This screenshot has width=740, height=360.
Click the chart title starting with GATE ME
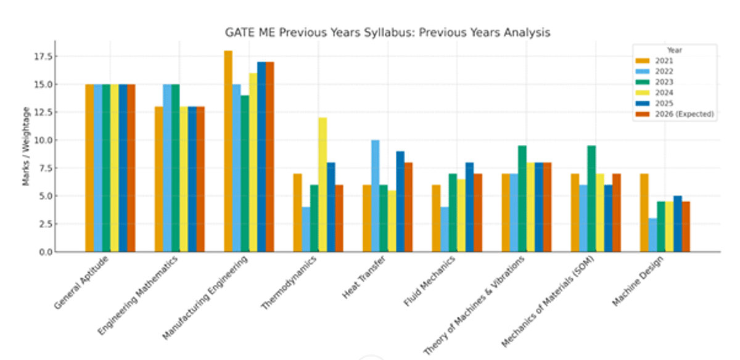(387, 33)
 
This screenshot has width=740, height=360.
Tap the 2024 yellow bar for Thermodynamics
(323, 185)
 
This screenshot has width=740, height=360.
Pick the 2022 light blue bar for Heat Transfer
(375, 196)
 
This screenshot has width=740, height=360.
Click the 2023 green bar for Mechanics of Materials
(591, 198)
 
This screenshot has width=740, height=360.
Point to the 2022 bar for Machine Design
(652, 235)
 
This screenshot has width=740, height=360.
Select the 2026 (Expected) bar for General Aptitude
(131, 168)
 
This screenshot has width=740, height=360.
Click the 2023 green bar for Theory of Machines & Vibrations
(522, 198)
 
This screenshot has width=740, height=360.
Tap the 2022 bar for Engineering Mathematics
(167, 168)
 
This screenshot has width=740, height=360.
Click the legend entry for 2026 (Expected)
(675, 113)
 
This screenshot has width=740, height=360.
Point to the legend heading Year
(674, 50)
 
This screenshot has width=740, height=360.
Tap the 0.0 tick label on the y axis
(44, 252)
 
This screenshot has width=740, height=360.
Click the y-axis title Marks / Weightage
(27, 146)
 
